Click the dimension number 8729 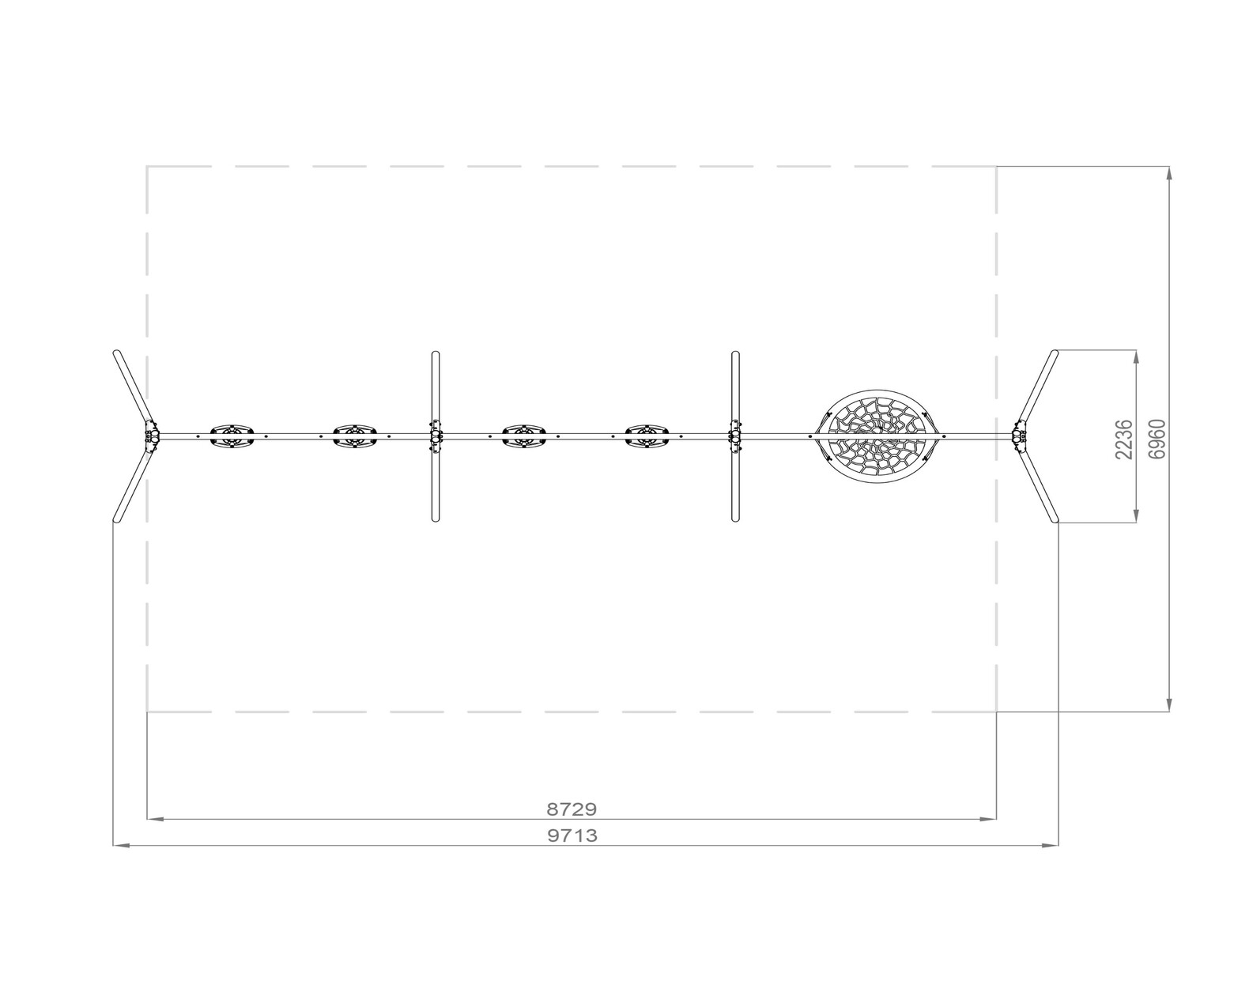click(x=572, y=809)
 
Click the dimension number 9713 click(x=572, y=836)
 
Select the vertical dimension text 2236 click(x=1124, y=439)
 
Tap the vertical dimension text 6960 click(x=1157, y=439)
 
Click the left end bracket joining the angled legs click(x=152, y=436)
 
